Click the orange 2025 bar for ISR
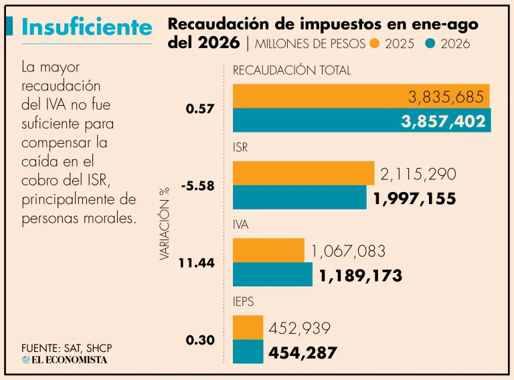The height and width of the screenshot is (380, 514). click(x=304, y=173)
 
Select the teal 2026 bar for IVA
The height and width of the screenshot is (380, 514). click(x=273, y=274)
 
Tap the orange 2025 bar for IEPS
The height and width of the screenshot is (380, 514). click(x=248, y=328)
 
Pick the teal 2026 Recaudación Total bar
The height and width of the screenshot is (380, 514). click(x=362, y=120)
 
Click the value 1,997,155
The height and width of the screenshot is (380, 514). click(x=415, y=199)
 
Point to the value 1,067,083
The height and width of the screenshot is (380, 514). click(x=348, y=252)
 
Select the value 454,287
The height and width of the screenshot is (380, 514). click(x=303, y=353)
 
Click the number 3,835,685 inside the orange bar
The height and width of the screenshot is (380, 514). click(x=446, y=97)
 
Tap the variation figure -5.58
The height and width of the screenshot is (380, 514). click(x=198, y=186)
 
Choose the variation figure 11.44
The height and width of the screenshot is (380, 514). click(x=197, y=263)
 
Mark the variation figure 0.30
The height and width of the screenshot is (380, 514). click(x=200, y=340)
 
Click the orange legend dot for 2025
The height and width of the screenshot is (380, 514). click(x=374, y=43)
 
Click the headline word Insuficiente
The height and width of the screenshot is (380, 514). click(x=87, y=27)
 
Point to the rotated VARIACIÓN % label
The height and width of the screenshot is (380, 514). click(x=164, y=224)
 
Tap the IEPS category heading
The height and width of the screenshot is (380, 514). click(x=243, y=301)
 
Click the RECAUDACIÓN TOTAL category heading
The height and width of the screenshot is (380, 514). click(x=292, y=70)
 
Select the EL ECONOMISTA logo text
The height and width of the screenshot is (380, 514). click(x=64, y=360)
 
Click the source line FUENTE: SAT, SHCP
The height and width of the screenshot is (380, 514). click(x=67, y=348)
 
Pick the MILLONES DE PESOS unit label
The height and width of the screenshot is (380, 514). click(x=310, y=44)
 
